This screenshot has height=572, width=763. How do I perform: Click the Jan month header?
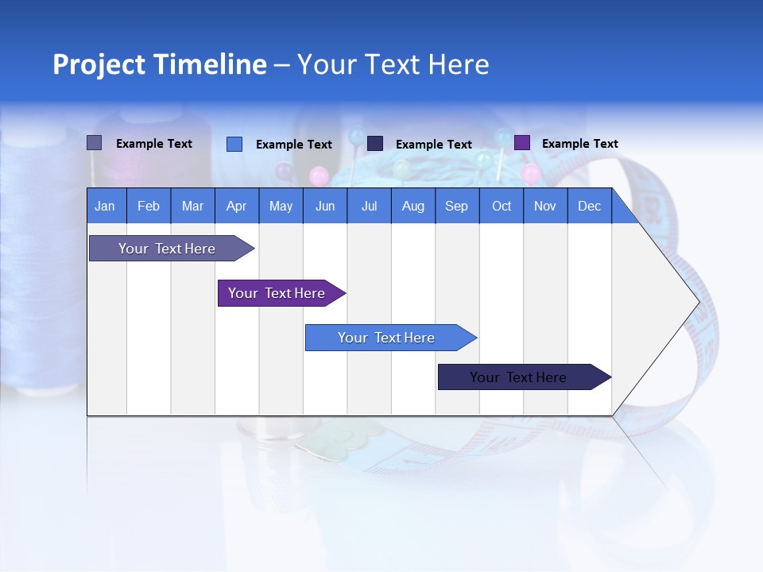coord(105,206)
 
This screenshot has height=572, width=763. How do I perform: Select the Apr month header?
coord(236,206)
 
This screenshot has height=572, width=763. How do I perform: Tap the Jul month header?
coord(369,206)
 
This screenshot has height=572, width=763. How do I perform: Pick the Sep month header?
coord(456,206)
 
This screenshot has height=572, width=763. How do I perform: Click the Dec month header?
coord(589,206)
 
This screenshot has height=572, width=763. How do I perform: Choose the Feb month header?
coord(149,206)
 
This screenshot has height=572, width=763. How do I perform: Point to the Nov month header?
coord(544,206)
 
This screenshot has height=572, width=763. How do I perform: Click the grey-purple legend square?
coord(94,143)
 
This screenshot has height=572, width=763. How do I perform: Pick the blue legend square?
coord(234,144)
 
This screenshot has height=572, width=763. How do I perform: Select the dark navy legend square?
coord(375,144)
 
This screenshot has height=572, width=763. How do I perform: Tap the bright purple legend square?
coord(522,143)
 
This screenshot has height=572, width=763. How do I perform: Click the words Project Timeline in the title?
coord(159,64)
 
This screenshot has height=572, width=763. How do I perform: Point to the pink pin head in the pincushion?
coord(319,174)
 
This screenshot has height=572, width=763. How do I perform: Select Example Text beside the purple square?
coord(579,144)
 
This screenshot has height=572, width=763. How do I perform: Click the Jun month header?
coord(324,206)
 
